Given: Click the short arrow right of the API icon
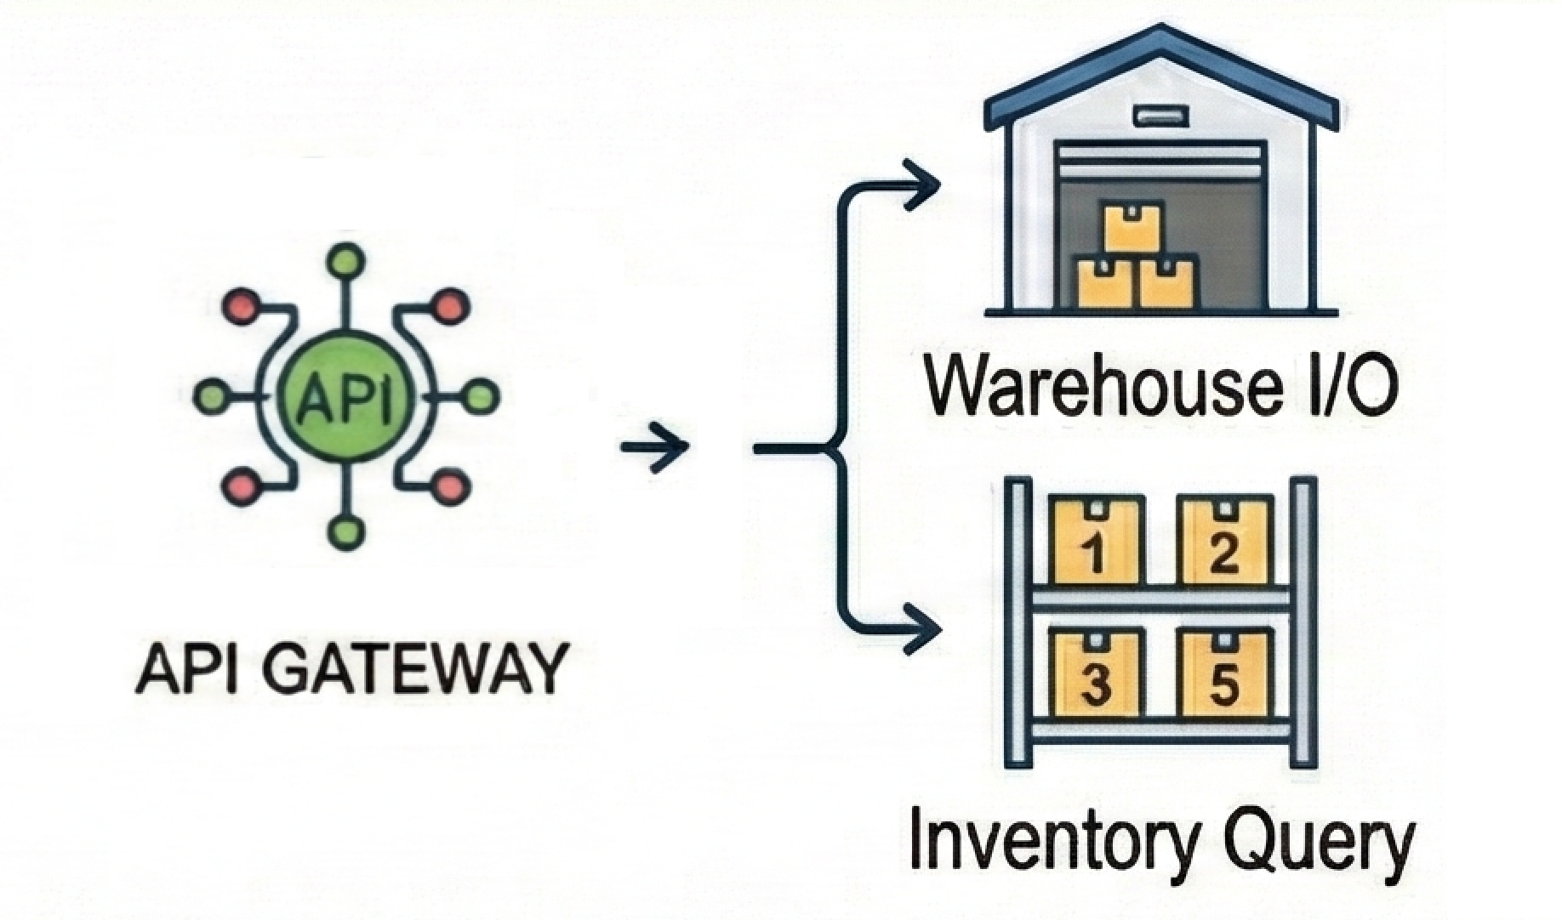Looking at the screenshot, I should click(654, 446).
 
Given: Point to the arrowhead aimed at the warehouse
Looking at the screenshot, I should click(923, 184).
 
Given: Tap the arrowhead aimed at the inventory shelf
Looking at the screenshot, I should click(923, 629).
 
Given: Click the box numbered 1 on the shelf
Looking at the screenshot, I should click(1095, 542).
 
